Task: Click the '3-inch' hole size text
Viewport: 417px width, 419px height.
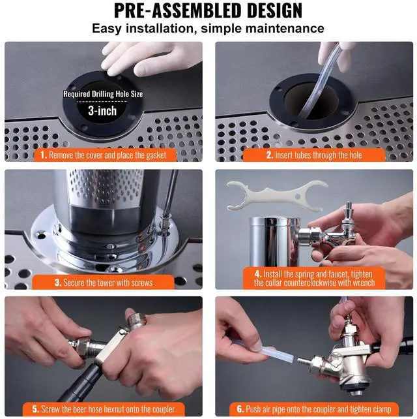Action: click(102, 111)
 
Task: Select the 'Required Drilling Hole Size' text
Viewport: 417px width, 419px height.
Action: click(103, 94)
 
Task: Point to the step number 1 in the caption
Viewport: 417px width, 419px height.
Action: click(44, 155)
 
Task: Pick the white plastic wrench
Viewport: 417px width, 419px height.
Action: click(276, 196)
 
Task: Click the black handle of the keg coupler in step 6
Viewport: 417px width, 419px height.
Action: click(392, 345)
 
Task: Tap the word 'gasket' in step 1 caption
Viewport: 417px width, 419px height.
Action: click(156, 155)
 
